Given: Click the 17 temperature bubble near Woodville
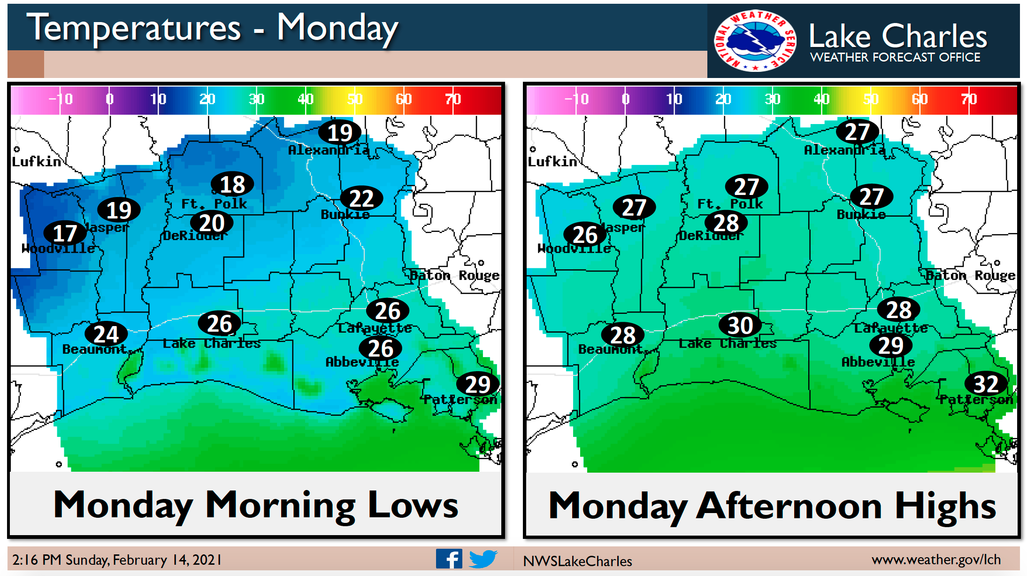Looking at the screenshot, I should pyautogui.click(x=65, y=233).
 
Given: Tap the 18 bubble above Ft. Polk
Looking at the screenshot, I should pyautogui.click(x=232, y=184).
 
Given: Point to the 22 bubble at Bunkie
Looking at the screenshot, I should pyautogui.click(x=361, y=199).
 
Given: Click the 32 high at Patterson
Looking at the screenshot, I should pyautogui.click(x=986, y=384).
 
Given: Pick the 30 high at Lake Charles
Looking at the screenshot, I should pyautogui.click(x=740, y=325).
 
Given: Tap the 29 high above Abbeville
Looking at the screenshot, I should pyautogui.click(x=890, y=346).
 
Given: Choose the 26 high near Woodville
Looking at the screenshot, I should pyautogui.click(x=585, y=234).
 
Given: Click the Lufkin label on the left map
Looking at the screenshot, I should pyautogui.click(x=36, y=162).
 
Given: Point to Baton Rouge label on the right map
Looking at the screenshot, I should pyautogui.click(x=970, y=275).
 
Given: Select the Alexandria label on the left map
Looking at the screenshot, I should pyautogui.click(x=329, y=150).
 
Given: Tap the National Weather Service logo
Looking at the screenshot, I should pyautogui.click(x=754, y=41).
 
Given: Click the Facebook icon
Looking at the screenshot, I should pyautogui.click(x=449, y=559).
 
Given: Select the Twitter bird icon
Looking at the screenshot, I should pyautogui.click(x=483, y=559).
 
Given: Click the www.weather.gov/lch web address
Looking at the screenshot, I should pyautogui.click(x=936, y=560).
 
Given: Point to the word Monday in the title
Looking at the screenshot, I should pyautogui.click(x=337, y=28).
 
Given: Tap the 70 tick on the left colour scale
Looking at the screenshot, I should pyautogui.click(x=453, y=99).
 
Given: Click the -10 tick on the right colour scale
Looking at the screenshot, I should pyautogui.click(x=577, y=99).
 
